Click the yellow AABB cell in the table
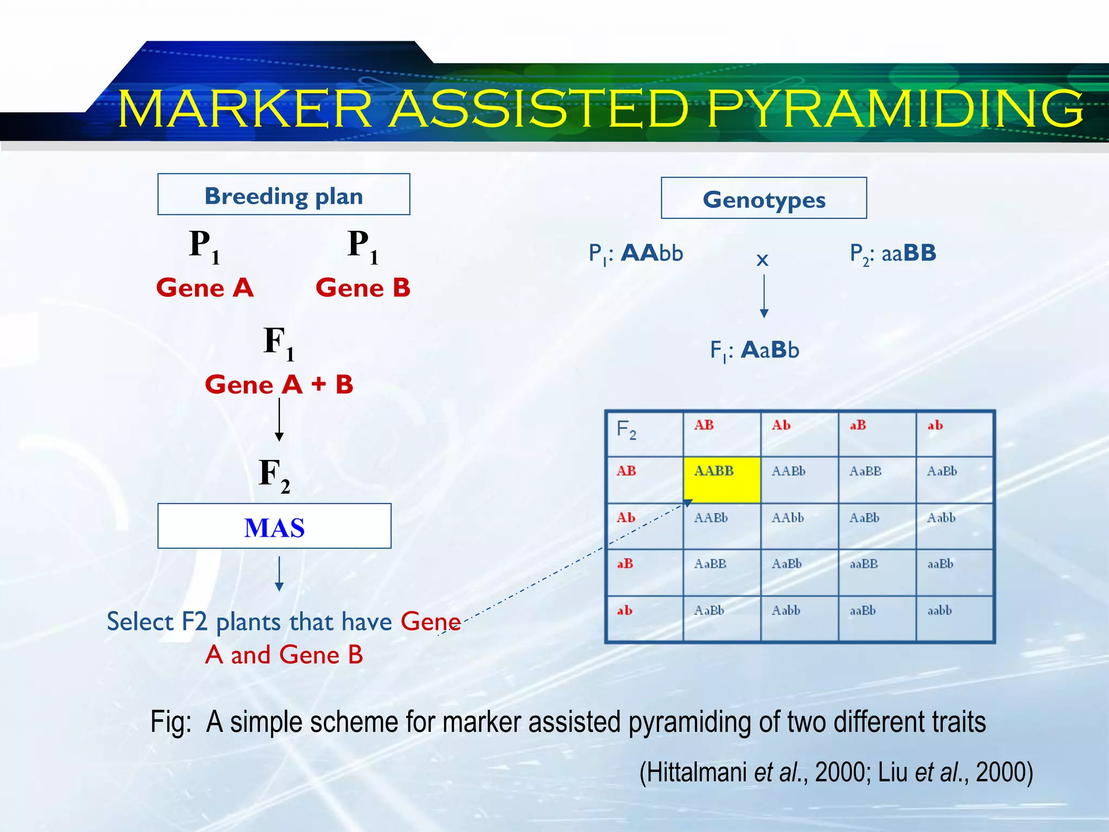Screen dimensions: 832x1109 point(722,480)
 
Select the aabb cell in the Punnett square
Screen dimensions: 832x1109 point(954,619)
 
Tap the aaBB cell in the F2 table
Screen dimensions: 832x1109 point(877,572)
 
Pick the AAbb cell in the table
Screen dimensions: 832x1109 point(799,526)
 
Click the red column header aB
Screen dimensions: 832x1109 point(858,426)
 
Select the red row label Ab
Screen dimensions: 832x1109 point(626,518)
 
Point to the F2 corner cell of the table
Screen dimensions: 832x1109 point(644,433)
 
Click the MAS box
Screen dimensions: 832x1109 point(274,526)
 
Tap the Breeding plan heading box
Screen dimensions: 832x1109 point(284,194)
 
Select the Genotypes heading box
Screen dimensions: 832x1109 point(764,198)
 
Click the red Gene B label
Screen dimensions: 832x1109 point(363,288)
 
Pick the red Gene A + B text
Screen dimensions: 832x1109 point(279,385)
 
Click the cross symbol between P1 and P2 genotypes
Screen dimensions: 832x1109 point(762,261)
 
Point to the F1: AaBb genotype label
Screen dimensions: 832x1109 point(754,350)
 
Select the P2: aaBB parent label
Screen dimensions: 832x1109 point(893,253)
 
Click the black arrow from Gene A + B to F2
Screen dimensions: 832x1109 point(279,420)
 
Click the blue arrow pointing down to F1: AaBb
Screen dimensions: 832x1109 point(764,296)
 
